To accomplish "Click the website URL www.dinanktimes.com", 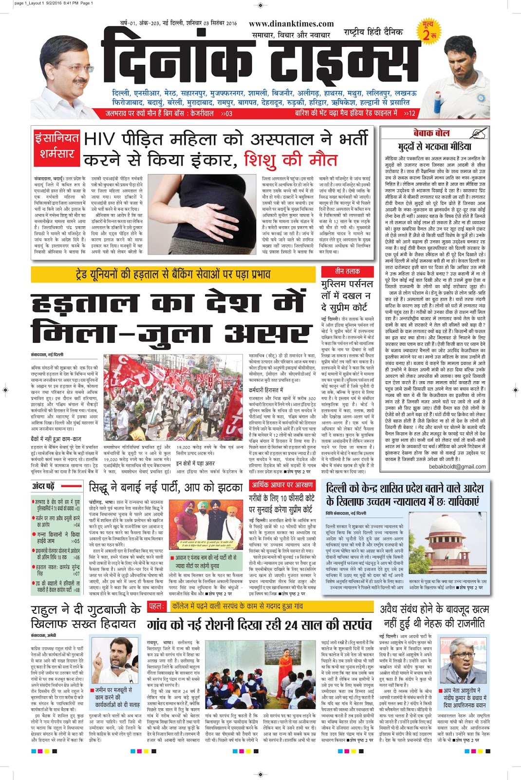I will click(x=291, y=24).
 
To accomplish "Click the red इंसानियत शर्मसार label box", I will click(x=56, y=145).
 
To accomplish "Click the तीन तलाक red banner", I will click(x=347, y=271).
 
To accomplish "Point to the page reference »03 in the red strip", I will click(x=226, y=113).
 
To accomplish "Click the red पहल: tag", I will click(x=156, y=606).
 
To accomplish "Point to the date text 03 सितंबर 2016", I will click(x=218, y=23).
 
